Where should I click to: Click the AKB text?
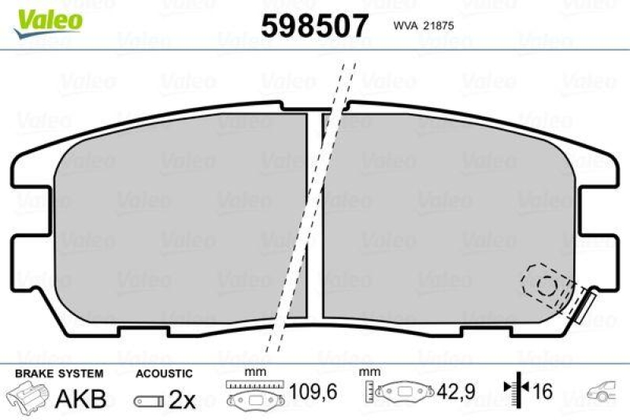(80, 400)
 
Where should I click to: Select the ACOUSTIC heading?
(164, 373)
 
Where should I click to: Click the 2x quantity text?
(183, 400)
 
